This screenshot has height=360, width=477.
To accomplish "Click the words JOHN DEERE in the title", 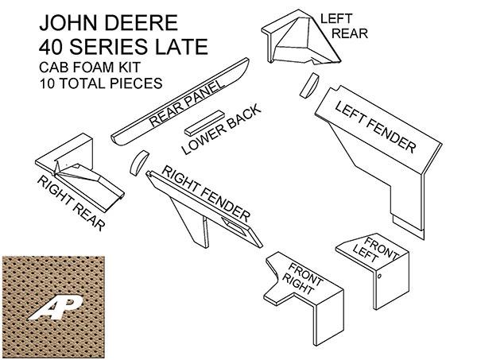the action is (108, 22).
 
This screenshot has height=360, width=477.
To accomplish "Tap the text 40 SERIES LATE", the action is (123, 46).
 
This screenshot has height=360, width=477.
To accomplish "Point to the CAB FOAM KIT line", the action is (89, 67).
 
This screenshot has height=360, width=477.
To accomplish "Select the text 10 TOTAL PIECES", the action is (101, 83).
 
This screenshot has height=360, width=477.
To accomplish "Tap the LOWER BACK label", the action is (221, 130).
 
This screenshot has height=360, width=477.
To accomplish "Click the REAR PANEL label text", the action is (187, 103).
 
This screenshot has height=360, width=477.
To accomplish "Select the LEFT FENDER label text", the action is (375, 127).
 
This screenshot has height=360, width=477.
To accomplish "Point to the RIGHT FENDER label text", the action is (206, 193).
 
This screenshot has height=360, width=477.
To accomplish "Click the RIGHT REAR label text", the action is (72, 203).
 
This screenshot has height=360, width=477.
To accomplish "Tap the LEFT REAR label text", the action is (343, 26).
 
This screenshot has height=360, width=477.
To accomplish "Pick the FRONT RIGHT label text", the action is (302, 278).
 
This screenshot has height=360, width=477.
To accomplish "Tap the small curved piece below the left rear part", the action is (309, 86).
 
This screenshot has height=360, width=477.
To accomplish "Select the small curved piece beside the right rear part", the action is (138, 163).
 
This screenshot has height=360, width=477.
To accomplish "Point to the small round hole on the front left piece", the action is (379, 276).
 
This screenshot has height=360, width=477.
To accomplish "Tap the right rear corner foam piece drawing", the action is (79, 172).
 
